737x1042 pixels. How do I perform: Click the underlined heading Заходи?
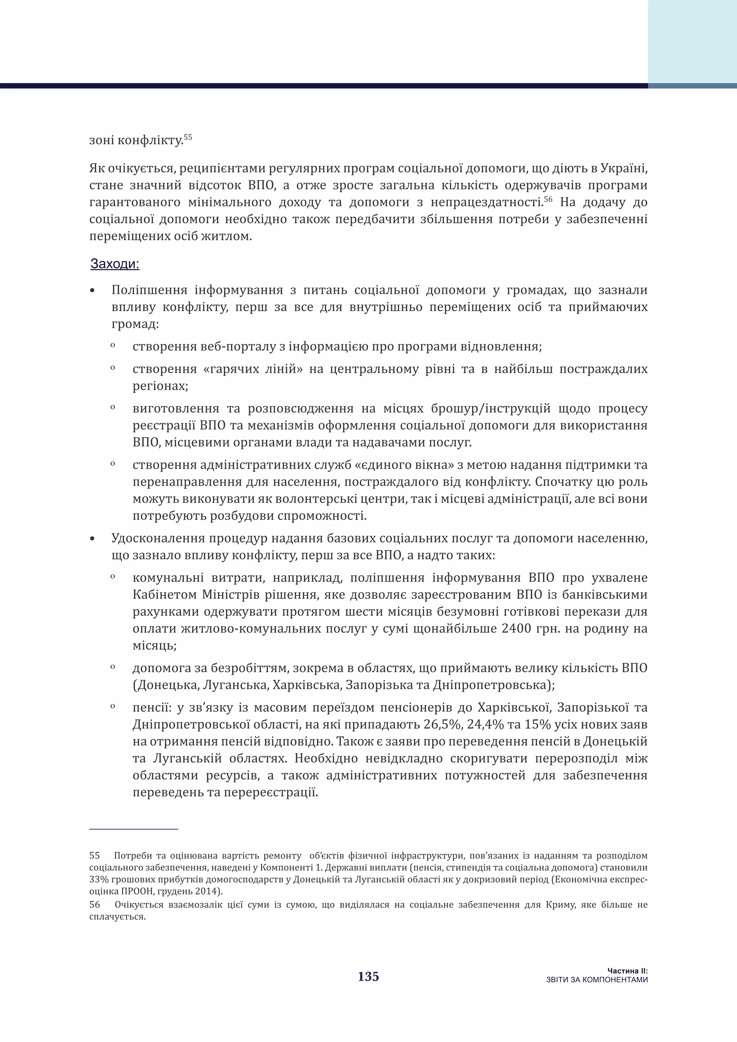click(115, 264)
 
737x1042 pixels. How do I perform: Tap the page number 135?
click(368, 977)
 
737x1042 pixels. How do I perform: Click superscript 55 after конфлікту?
click(188, 137)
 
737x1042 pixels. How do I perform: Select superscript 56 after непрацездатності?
click(548, 199)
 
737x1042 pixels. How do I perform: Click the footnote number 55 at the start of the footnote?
click(94, 856)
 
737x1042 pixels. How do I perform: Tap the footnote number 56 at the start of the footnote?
click(94, 905)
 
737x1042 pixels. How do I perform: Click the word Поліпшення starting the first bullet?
click(149, 290)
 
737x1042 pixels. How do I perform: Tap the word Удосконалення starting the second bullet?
click(159, 538)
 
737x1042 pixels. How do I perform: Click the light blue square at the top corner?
click(692, 41)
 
